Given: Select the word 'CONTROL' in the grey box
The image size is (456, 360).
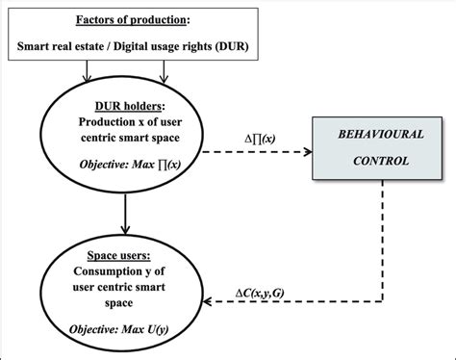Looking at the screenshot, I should pos(375,161).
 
